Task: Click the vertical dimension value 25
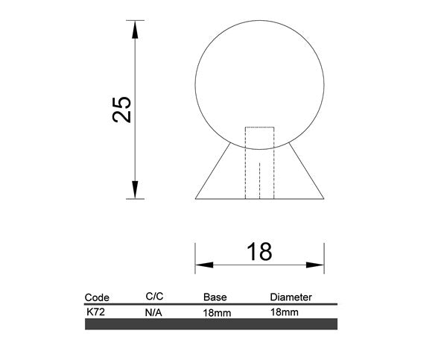coord(124,110)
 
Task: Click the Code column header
coord(98,297)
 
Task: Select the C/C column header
coord(154,296)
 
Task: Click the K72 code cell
coord(95,312)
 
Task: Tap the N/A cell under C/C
coord(153,314)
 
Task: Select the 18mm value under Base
coord(217,314)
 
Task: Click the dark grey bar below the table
coord(212,324)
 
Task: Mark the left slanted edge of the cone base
coord(210,173)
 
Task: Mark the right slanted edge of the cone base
coord(308,173)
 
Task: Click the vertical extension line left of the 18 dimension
coord(195,257)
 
